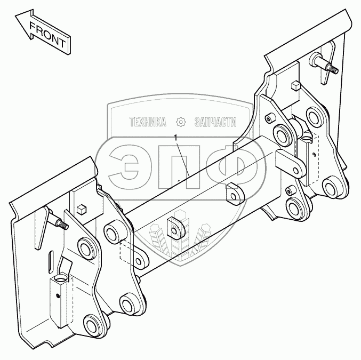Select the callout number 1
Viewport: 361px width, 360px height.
(176, 138)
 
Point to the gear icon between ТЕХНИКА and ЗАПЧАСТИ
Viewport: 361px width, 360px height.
(180, 123)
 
